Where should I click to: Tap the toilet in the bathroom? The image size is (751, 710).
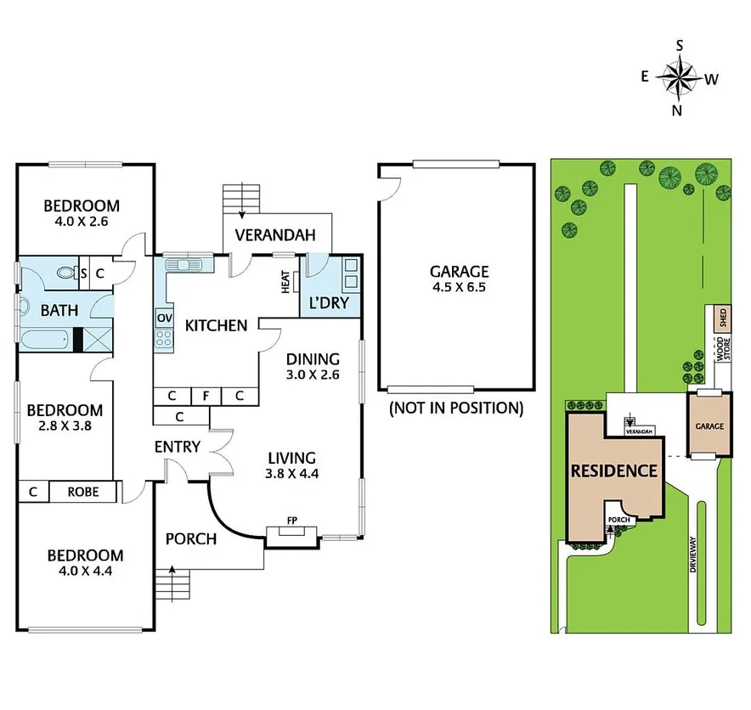65,273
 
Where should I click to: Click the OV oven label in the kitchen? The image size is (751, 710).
164,318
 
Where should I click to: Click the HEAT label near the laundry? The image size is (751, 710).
285,283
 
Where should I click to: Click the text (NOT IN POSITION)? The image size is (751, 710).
456,408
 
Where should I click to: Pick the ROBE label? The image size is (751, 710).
82,491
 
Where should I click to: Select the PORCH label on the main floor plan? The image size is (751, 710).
190,538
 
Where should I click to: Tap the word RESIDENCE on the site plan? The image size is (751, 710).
613,471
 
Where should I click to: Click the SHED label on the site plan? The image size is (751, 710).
723,319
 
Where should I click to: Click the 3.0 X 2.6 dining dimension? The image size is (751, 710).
312,373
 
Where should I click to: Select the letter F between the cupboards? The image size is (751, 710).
205,396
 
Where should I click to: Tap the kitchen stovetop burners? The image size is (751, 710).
164,341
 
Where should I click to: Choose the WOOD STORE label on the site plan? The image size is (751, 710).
721,349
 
